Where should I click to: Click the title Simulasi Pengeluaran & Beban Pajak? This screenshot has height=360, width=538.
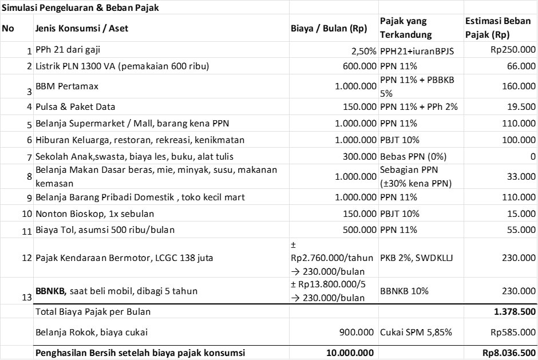81,8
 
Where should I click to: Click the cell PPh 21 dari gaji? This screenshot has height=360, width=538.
70,50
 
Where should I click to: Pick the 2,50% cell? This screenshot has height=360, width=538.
363,50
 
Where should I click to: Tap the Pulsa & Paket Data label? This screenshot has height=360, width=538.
75,106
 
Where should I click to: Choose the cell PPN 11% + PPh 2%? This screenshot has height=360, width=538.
418,106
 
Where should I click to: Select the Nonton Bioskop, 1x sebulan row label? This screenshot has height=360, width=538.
94,213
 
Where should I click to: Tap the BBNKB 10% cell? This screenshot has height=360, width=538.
404,291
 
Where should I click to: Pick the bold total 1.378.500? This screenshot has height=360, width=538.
516,312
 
